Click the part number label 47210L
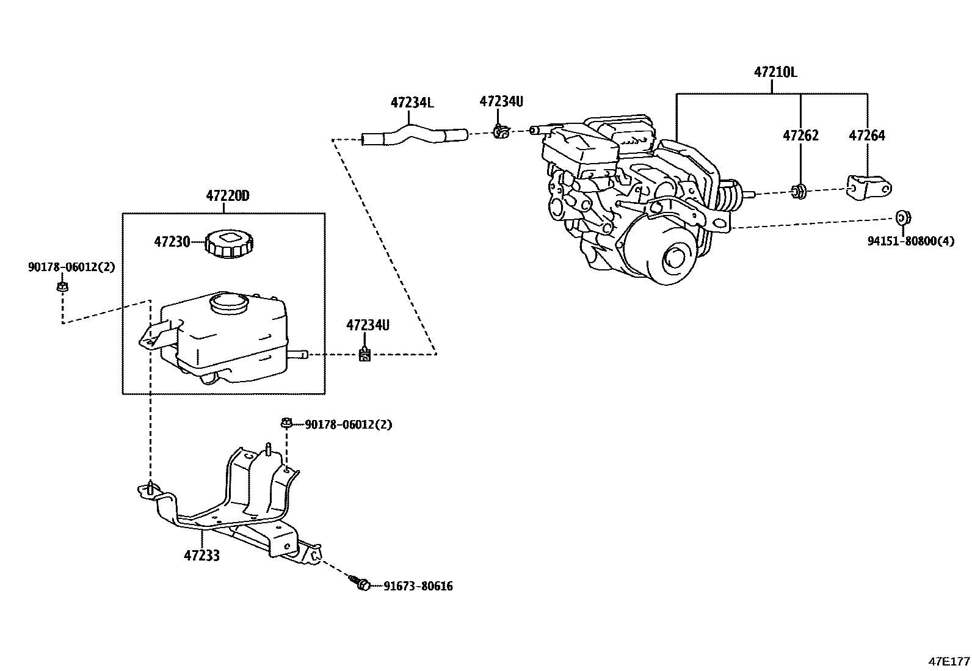point(775,72)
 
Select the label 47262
point(800,136)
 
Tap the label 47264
point(866,136)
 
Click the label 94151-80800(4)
point(910,241)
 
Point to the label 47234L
point(412,103)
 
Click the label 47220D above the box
point(228,196)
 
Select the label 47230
point(172,242)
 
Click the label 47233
point(201,556)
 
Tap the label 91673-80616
point(418,587)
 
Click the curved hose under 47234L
point(415,135)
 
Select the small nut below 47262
point(799,192)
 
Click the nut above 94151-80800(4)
point(902,217)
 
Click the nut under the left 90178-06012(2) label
point(62,286)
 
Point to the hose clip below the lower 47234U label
point(364,354)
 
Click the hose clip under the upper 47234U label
point(501,131)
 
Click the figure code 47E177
point(949,661)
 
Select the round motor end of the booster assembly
point(667,253)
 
